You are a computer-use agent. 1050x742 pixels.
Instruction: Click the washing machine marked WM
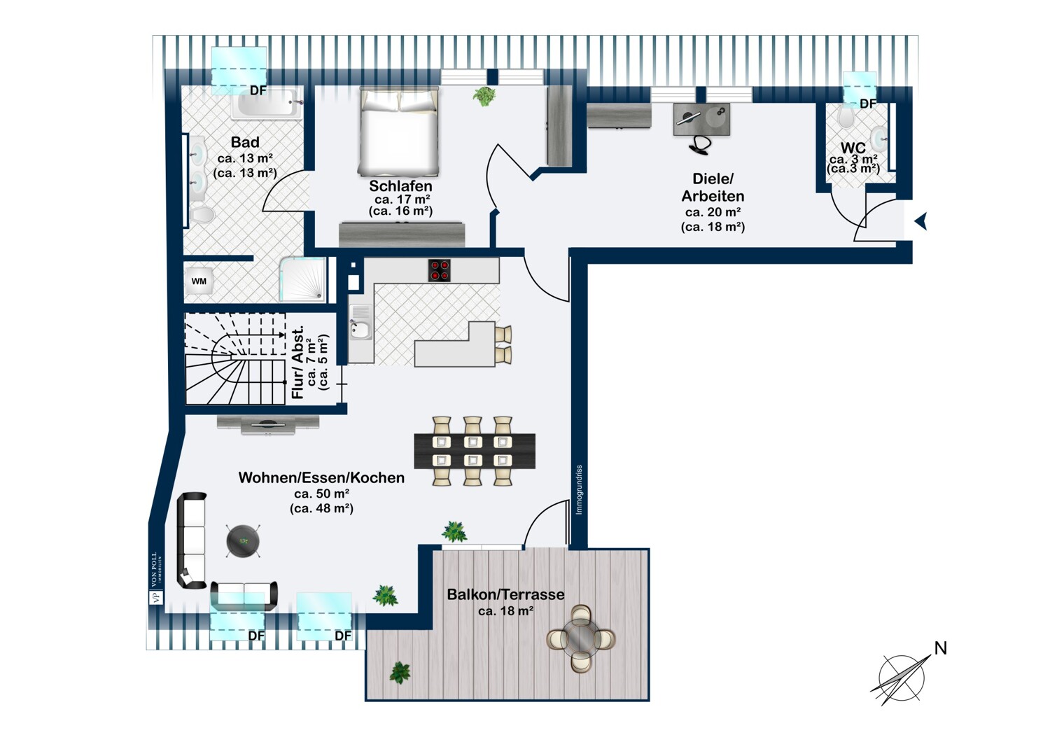coord(199,281)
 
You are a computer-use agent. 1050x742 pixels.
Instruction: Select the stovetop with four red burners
coord(440,270)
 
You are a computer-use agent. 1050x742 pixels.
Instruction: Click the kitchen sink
coord(360,330)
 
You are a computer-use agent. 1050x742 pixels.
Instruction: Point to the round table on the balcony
coord(580,638)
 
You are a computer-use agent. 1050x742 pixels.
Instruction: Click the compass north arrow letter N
coord(940,649)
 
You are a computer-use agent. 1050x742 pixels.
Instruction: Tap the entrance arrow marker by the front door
coord(921,222)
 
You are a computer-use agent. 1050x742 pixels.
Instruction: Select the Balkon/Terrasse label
coord(505,594)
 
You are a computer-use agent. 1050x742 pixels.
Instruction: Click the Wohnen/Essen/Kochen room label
coord(321,477)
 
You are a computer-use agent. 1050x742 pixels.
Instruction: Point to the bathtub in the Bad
coord(266,105)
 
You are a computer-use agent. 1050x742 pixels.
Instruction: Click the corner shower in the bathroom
coord(304,279)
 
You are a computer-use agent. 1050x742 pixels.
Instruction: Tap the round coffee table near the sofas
coord(244,541)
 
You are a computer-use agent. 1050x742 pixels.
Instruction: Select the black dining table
coord(475,451)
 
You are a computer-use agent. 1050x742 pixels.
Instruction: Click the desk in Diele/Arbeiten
coord(702,119)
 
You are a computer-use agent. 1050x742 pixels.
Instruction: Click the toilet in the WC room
coord(846,118)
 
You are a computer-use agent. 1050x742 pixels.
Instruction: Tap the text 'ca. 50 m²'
coord(321,493)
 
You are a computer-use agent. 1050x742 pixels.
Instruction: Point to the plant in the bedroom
coord(484,95)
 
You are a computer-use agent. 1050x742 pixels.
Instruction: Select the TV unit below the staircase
coord(268,422)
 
